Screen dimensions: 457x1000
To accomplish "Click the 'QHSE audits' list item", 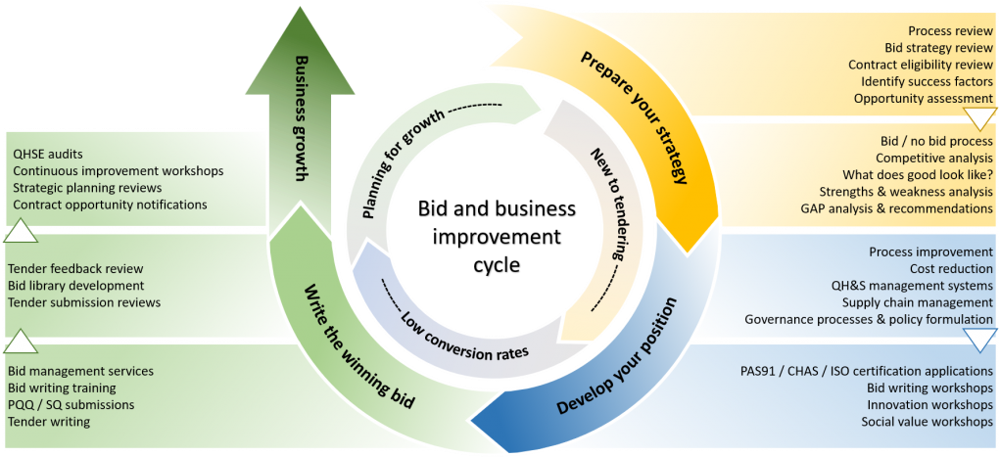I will click(x=48, y=154).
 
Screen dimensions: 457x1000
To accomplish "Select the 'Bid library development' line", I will click(x=75, y=286).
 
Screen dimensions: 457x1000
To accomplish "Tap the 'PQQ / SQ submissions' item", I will click(x=71, y=404).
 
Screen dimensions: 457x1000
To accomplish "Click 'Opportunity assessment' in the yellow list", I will click(x=924, y=98).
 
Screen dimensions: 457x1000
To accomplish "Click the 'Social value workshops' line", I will click(x=928, y=422).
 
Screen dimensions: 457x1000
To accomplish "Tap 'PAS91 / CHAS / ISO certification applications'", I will click(x=867, y=371).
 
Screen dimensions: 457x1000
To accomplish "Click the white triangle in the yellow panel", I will click(x=978, y=118).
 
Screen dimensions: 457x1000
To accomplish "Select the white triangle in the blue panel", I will click(x=978, y=339).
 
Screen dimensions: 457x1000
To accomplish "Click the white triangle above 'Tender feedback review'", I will click(x=21, y=232).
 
